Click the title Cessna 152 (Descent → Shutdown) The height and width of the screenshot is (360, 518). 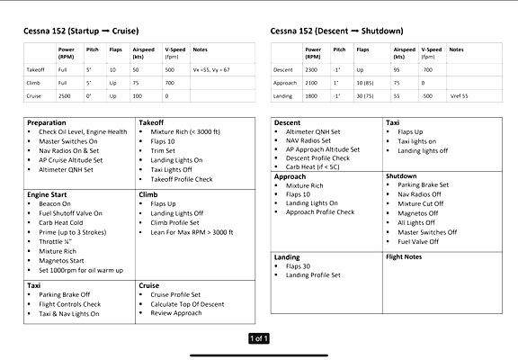(336, 31)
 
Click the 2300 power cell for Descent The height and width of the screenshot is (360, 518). (312, 68)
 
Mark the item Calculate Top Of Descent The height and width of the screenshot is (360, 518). (187, 304)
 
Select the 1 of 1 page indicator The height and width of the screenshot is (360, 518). (258, 338)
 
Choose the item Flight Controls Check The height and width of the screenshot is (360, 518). (69, 304)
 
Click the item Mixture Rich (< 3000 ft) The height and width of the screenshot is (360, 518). (188, 132)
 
